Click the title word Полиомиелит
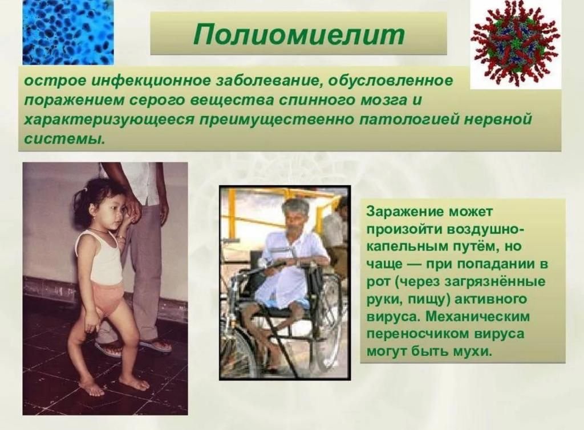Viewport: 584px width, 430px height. (x=298, y=34)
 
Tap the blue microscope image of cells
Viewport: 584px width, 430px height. (x=68, y=32)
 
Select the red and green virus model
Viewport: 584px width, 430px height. (x=516, y=44)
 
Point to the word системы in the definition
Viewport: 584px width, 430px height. (x=63, y=139)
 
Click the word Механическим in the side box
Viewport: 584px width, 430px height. (x=477, y=317)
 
